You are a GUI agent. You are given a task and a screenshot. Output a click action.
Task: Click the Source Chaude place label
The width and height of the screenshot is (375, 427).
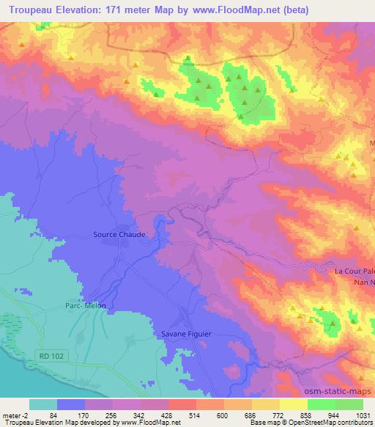(119, 235)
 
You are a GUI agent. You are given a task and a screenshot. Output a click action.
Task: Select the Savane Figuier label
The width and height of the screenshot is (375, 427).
(186, 334)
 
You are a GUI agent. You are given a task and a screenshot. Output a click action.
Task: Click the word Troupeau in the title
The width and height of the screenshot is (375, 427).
(28, 10)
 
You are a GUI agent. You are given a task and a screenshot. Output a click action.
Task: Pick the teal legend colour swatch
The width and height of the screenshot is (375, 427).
(43, 404)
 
